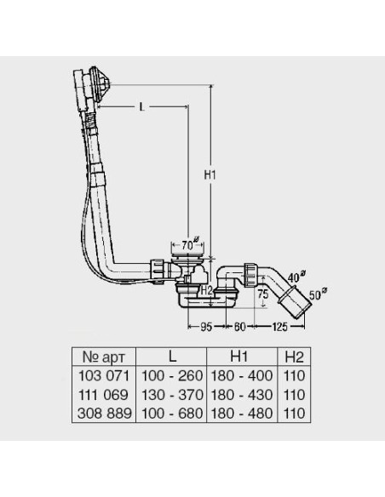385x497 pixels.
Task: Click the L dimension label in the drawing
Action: point(142,107)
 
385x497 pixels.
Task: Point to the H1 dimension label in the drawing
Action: point(210,174)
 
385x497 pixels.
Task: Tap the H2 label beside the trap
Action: point(206,289)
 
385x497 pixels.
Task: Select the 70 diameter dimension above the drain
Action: point(190,244)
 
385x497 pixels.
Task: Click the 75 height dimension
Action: point(263,294)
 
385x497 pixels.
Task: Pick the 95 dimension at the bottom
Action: point(206,327)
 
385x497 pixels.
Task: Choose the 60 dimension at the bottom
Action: point(239,327)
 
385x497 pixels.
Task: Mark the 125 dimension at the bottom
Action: point(279,327)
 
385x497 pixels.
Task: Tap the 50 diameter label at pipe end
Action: point(318,294)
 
